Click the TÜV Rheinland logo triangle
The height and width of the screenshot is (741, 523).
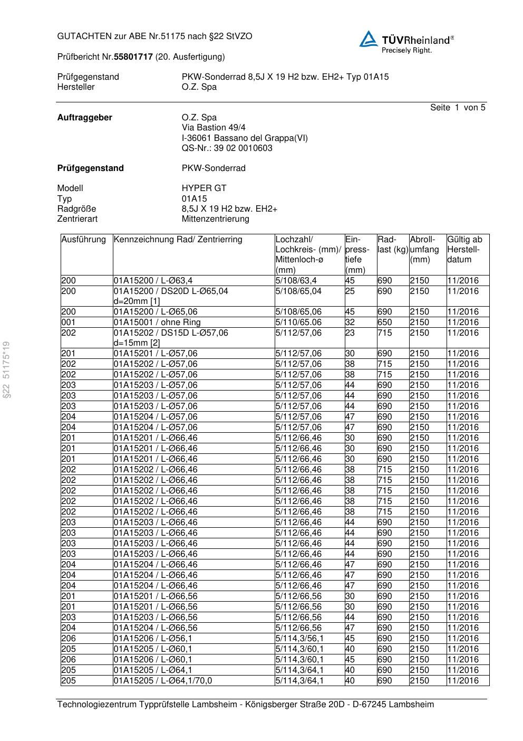pyautogui.click(x=369, y=39)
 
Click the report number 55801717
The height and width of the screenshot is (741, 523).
pyautogui.click(x=133, y=56)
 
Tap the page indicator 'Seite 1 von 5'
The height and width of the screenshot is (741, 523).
pyautogui.click(x=457, y=108)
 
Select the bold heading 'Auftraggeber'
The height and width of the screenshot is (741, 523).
pyautogui.click(x=84, y=118)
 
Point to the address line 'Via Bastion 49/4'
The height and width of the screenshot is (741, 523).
pyautogui.click(x=214, y=128)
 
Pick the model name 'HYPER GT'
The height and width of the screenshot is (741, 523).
pyautogui.click(x=204, y=188)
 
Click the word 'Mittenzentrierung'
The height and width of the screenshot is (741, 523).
pyautogui.click(x=216, y=219)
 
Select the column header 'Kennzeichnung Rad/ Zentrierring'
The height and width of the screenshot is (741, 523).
pyautogui.click(x=178, y=240)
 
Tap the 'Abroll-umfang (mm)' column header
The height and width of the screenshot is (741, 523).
pyautogui.click(x=424, y=249)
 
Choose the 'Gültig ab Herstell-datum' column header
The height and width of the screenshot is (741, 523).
pyautogui.click(x=464, y=249)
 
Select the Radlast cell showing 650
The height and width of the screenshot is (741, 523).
pyautogui.click(x=385, y=322)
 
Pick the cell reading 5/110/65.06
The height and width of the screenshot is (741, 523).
pyautogui.click(x=298, y=322)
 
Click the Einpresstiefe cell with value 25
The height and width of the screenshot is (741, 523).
pyautogui.click(x=350, y=291)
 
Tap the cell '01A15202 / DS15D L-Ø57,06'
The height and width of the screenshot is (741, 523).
pyautogui.click(x=171, y=333)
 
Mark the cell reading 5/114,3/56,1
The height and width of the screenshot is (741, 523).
pyautogui.click(x=299, y=639)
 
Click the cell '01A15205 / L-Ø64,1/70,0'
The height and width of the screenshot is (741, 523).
pyautogui.click(x=163, y=681)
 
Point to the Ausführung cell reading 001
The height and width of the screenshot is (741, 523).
pyautogui.click(x=69, y=322)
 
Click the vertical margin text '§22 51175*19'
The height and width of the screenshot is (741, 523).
pyautogui.click(x=6, y=370)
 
